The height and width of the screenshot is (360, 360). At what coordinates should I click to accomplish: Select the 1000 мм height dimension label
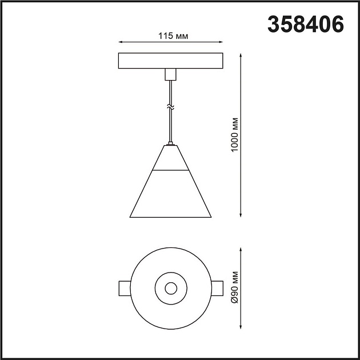point(234,135)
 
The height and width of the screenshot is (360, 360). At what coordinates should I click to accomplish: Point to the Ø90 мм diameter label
point(234,289)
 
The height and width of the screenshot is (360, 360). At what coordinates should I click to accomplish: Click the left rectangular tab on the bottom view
point(124,288)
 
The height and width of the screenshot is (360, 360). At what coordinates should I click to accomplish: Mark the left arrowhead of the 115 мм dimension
point(121,42)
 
